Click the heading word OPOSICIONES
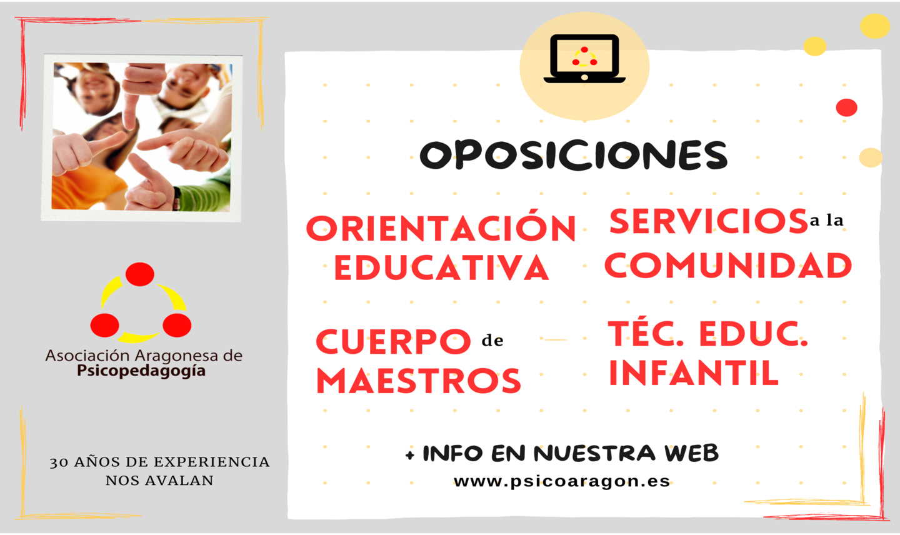pos(574,155)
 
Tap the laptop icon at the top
pos(584,59)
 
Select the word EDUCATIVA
pos(441,267)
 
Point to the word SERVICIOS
pos(708,221)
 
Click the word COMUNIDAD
pos(728,265)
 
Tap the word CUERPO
pos(393,341)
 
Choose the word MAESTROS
pos(419,381)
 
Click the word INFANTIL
pos(694,373)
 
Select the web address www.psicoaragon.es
pos(562,482)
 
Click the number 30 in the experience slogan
pos(59,462)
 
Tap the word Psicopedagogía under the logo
pos(141,371)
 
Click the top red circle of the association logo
pos(140,274)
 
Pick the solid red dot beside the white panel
pos(846,107)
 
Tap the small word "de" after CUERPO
pos(492,341)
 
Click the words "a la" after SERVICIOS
pos(826,220)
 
